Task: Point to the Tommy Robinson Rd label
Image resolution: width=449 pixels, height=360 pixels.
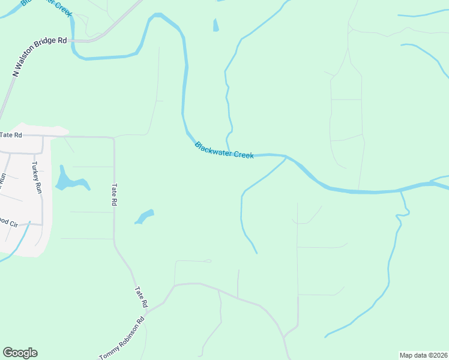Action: pos(123,339)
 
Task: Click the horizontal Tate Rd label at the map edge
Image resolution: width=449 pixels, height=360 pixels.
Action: pos(11,135)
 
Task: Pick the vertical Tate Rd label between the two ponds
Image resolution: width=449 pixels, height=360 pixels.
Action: pos(113,195)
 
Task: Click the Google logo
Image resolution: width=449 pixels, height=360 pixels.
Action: pos(20,353)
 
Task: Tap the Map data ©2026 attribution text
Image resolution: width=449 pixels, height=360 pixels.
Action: pos(423,355)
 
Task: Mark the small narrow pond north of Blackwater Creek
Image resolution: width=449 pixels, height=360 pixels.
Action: pos(215,25)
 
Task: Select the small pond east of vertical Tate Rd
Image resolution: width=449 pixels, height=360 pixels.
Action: pos(145,216)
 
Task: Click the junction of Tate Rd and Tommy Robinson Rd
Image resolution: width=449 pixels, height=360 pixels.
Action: pos(146,312)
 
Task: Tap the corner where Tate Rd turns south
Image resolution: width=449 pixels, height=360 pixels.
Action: pos(113,138)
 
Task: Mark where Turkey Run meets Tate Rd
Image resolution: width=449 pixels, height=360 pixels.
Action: pos(43,137)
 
